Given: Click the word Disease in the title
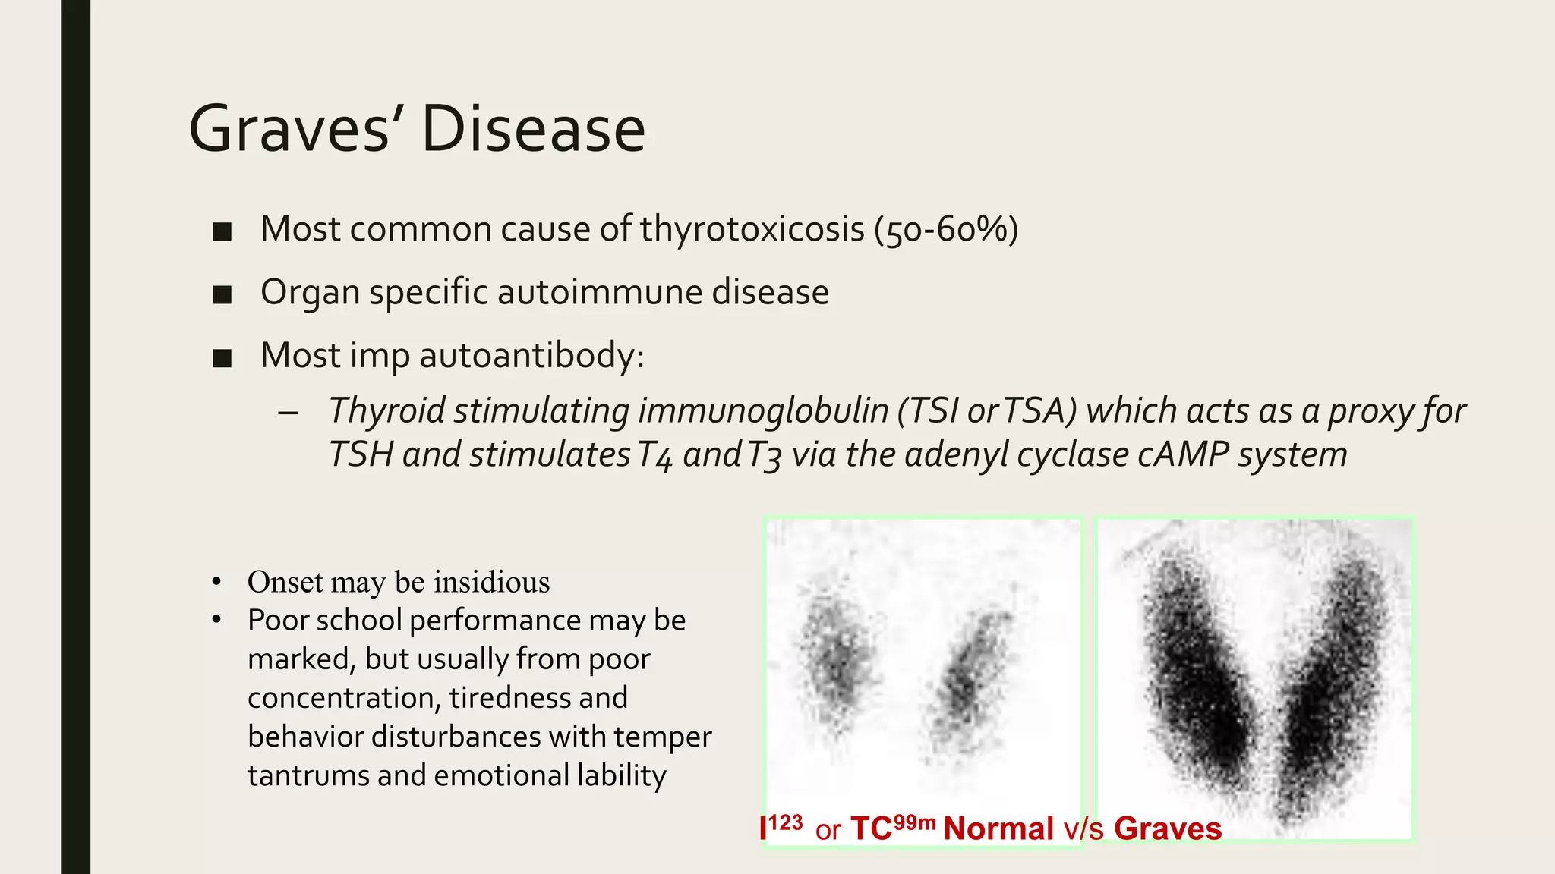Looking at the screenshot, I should point(533,129).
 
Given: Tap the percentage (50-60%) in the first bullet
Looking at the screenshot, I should point(945,229).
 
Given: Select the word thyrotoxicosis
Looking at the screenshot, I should point(752,229).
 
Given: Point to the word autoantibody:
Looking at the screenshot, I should point(531,355).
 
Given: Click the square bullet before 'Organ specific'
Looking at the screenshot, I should point(222,294).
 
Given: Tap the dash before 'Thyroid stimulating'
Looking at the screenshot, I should point(287,413).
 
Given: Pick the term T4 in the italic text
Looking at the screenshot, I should point(654,455).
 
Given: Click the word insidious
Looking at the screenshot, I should point(491,582).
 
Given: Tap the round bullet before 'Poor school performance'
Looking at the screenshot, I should point(216,620).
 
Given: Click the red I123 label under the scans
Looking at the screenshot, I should point(781,827).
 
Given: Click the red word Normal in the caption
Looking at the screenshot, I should point(998,828).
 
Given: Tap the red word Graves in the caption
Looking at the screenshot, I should point(1167,828).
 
